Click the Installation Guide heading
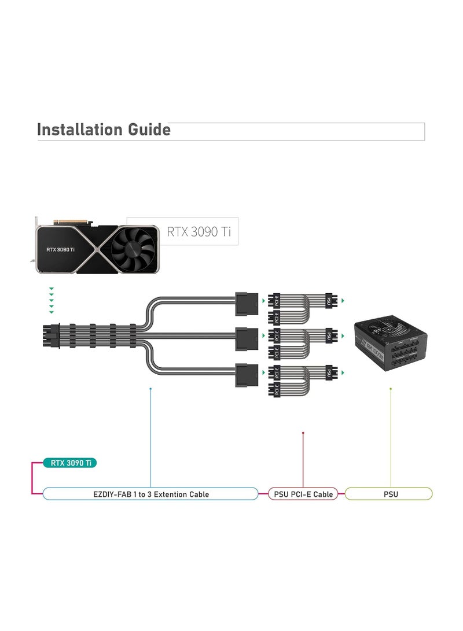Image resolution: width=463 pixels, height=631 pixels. click(x=104, y=130)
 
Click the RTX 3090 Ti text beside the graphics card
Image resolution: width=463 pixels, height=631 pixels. click(x=199, y=232)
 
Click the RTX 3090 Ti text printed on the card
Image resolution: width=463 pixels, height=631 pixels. click(x=60, y=250)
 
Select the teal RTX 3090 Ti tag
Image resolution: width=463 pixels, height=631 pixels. click(x=70, y=463)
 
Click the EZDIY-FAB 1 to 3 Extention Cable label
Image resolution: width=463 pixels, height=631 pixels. click(x=150, y=494)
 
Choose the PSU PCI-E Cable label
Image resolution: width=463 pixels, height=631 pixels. click(x=303, y=494)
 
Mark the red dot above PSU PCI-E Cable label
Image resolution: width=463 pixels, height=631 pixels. click(x=303, y=432)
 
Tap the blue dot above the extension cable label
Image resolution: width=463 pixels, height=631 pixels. click(x=150, y=389)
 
